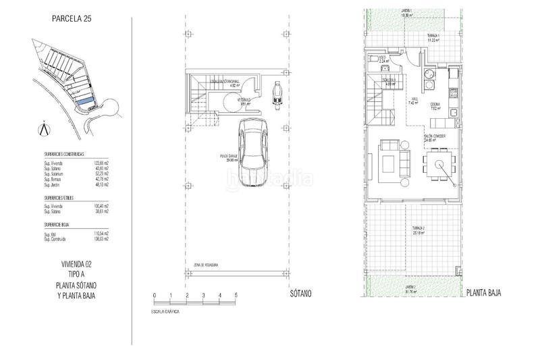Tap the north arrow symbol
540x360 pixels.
tap(45, 128)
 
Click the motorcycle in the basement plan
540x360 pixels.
tap(277, 93)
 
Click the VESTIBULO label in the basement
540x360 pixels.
tap(244, 101)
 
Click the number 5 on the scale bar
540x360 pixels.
tap(236, 296)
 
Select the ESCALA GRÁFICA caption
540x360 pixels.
tap(167, 313)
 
